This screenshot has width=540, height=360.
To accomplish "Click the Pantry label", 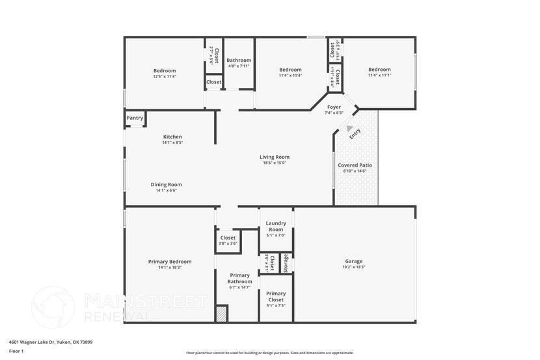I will [x=135, y=118].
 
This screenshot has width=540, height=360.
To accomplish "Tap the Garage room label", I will [x=354, y=261].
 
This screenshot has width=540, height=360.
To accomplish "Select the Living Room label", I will [x=274, y=157].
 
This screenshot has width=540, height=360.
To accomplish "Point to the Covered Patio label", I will [x=355, y=165].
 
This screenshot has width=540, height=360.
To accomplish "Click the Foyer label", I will [x=334, y=107].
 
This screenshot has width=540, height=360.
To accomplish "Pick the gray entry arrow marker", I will [x=349, y=129].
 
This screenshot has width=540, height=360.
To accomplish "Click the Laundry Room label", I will [x=276, y=227].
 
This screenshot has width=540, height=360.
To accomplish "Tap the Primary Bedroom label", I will [x=170, y=261].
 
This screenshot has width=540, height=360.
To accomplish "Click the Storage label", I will [x=286, y=263].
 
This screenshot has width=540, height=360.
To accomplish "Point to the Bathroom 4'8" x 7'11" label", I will [x=238, y=61].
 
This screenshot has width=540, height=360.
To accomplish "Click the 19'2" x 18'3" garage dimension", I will [x=354, y=268].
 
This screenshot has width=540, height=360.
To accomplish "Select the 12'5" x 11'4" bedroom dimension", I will [x=165, y=76].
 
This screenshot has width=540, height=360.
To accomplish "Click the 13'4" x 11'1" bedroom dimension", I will [x=379, y=75].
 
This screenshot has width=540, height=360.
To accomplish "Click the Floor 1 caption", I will [x=16, y=351].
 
